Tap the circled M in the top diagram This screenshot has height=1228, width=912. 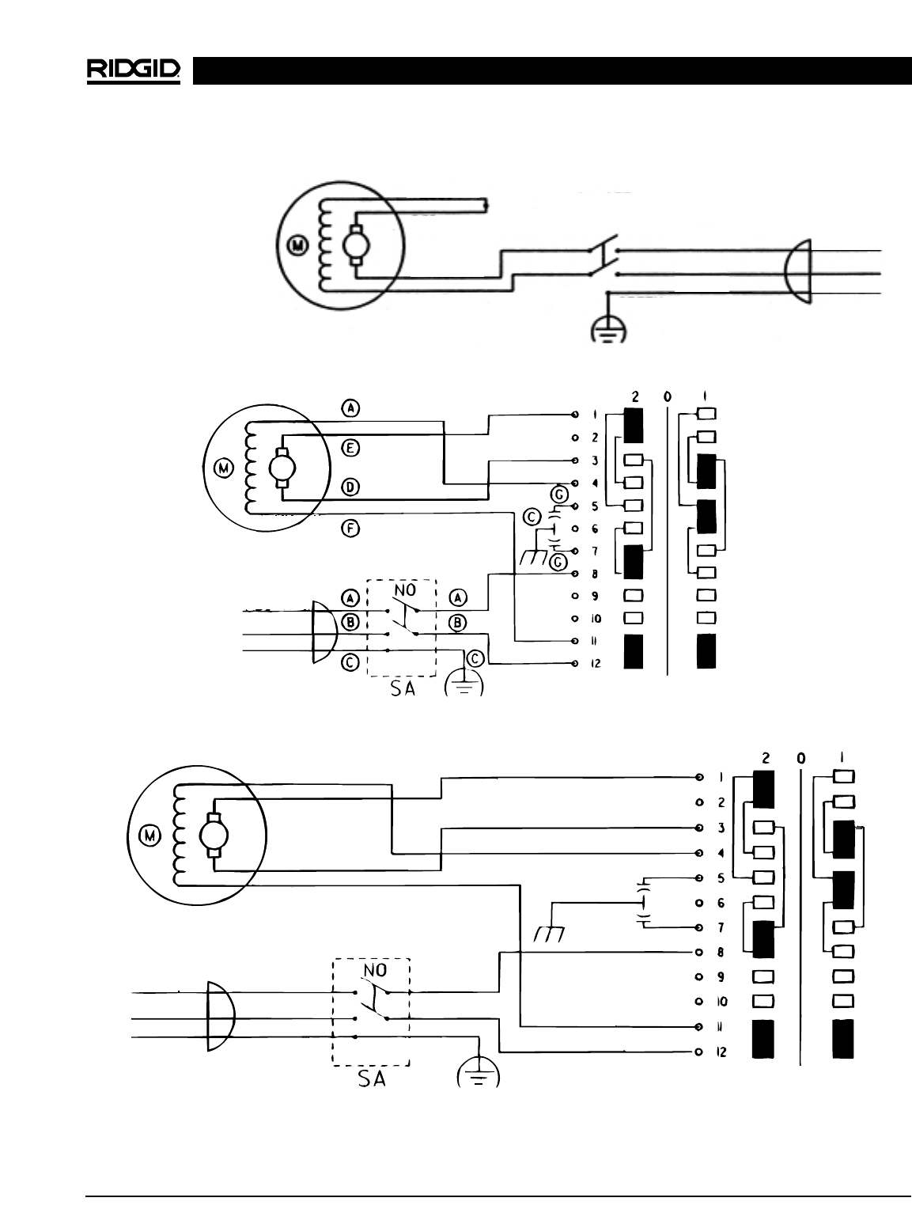(x=298, y=246)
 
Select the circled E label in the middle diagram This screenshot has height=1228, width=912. (x=351, y=448)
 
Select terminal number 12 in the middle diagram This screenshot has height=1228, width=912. (x=596, y=663)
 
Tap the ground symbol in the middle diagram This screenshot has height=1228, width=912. (x=464, y=684)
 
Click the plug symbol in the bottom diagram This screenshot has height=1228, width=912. (x=219, y=1016)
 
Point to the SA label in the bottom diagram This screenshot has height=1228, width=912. (x=372, y=1078)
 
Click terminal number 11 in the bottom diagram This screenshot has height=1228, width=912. (x=721, y=1026)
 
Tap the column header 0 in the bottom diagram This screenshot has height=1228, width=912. (x=801, y=758)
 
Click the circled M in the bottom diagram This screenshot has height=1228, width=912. (x=149, y=834)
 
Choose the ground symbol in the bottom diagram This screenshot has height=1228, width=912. (x=479, y=1073)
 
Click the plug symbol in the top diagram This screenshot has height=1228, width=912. (x=795, y=271)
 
